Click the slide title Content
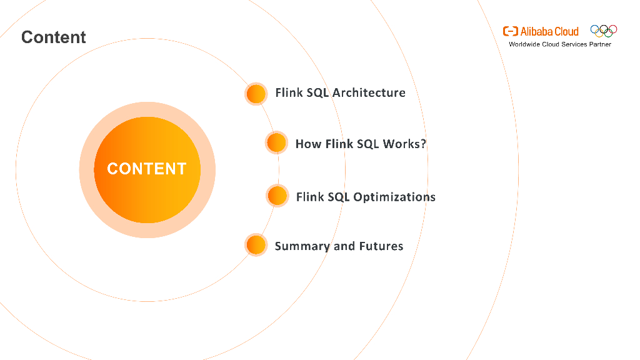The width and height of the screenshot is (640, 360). (x=54, y=37)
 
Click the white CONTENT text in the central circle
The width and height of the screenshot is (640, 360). (x=147, y=169)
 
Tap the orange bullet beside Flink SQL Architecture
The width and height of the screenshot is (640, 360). (x=256, y=94)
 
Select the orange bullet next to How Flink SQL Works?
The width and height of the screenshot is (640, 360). (x=276, y=143)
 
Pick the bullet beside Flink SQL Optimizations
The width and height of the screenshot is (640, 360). (x=277, y=196)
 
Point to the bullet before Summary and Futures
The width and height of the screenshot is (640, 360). (x=256, y=245)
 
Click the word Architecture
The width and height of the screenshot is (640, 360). (x=369, y=92)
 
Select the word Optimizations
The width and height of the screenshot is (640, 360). (x=394, y=197)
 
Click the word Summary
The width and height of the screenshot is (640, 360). (x=302, y=246)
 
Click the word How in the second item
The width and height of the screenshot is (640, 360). (x=308, y=144)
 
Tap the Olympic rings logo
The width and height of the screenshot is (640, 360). (x=604, y=31)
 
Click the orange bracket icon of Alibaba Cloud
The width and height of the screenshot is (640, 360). (x=510, y=31)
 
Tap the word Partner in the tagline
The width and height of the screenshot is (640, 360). (x=600, y=44)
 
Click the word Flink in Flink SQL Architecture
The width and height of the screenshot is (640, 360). (x=289, y=92)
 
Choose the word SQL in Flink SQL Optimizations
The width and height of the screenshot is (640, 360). (x=339, y=197)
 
